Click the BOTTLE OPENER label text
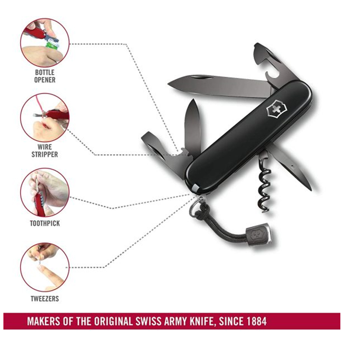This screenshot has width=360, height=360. (x=45, y=76)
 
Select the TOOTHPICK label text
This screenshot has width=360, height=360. (x=45, y=223)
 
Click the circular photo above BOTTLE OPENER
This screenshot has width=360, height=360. (x=45, y=42)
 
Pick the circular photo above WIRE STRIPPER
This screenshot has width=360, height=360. (x=45, y=117)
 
